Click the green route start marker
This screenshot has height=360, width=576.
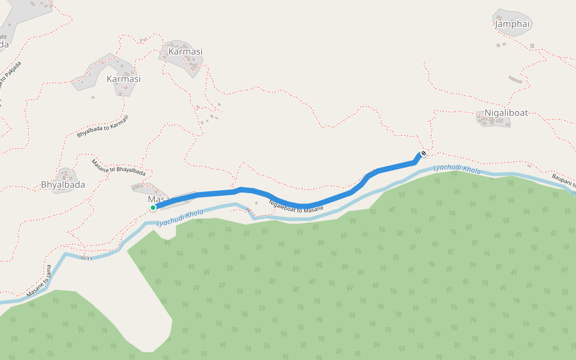click(x=153, y=208)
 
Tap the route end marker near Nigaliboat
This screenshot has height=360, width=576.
click(x=424, y=153)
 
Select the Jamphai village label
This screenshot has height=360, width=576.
click(x=513, y=25)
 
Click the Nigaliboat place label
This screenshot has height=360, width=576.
click(x=506, y=113)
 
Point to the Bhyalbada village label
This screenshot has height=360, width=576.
click(x=63, y=185)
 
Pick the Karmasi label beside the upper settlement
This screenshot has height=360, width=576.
click(x=185, y=52)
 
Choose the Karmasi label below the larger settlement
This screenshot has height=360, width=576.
click(x=123, y=79)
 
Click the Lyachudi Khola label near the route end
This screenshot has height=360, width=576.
click(x=457, y=169)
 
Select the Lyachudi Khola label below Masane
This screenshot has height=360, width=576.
click(x=179, y=219)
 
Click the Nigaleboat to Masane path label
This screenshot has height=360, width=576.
click(x=296, y=205)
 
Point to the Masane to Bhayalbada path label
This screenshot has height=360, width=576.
click(x=118, y=167)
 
